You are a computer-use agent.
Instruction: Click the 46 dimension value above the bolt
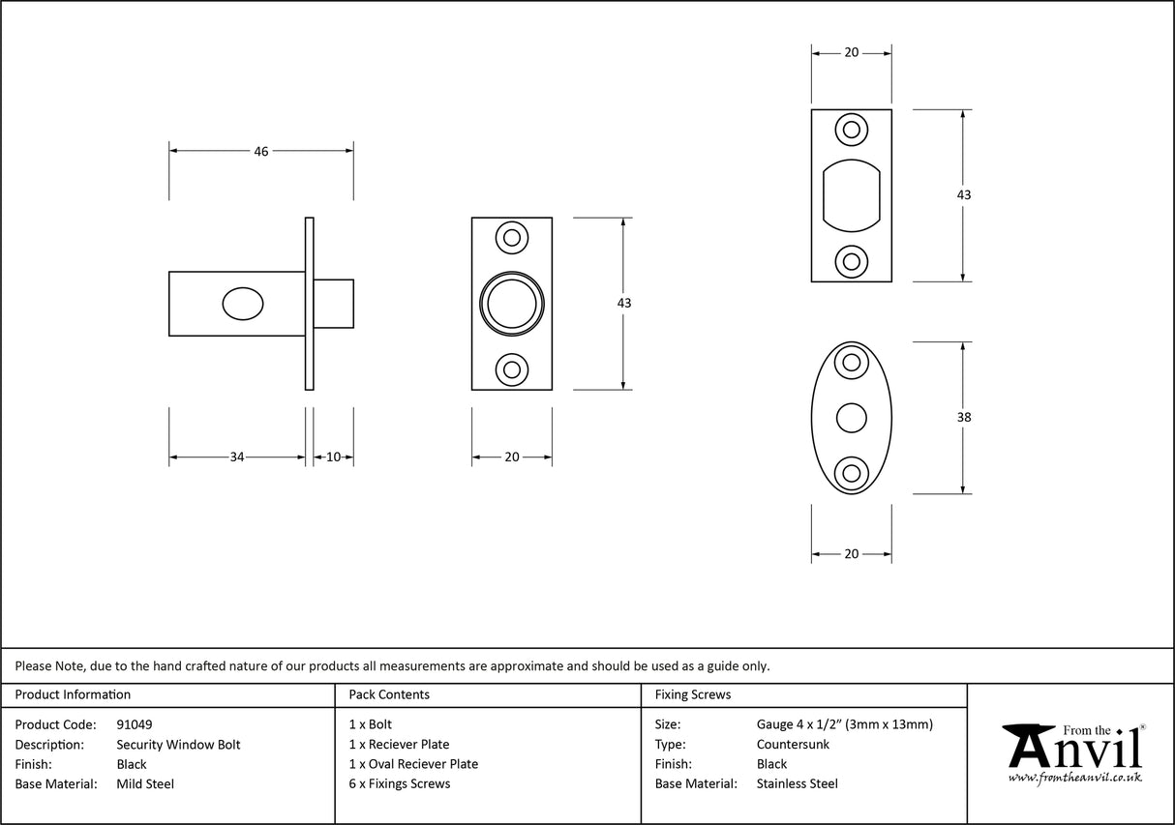pos(261,151)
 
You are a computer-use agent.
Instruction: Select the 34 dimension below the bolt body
pos(237,457)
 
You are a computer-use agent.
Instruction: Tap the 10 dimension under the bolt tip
pos(333,457)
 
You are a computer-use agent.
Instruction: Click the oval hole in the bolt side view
pos(242,304)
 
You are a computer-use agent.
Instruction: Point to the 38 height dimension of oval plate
pos(963,418)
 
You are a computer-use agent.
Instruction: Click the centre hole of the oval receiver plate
pos(851,418)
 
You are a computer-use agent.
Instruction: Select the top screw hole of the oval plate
pos(852,363)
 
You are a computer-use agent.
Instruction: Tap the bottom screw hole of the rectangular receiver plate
pos(852,260)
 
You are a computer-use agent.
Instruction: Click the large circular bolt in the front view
pos(512,304)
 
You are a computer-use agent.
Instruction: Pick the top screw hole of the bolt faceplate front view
pos(512,237)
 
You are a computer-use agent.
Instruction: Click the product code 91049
pos(135,724)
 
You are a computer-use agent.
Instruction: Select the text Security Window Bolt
pos(178,745)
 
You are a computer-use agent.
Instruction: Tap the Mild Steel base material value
pos(145,784)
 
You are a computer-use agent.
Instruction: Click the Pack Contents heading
pos(389,694)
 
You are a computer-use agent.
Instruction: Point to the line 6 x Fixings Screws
pos(400,784)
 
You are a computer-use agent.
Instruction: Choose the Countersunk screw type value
pos(793,745)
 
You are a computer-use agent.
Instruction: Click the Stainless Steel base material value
pos(798,784)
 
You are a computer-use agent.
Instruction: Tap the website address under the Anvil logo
pos(1074,777)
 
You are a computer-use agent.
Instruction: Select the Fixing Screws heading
pos(693,694)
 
